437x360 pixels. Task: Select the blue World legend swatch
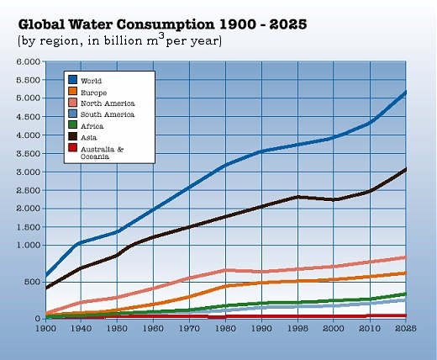click(72, 81)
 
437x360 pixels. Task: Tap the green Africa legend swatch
click(72, 125)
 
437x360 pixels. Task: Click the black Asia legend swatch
click(72, 136)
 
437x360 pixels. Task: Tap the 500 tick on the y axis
click(31, 283)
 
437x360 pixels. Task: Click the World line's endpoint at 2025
click(406, 92)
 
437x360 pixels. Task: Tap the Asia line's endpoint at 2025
click(406, 169)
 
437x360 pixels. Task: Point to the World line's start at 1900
click(46, 275)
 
